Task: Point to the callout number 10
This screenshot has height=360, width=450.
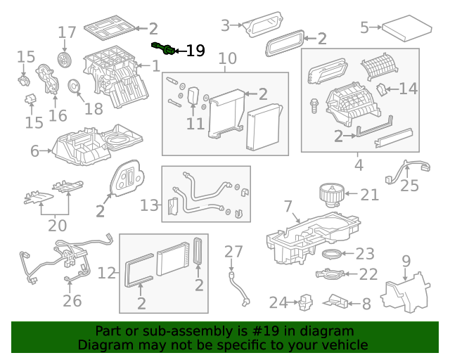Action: [227, 58]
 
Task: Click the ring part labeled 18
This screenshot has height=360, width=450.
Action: [72, 87]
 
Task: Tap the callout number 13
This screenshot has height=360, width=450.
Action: [150, 205]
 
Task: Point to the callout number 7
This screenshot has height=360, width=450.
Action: [288, 206]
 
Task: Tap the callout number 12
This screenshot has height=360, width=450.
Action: [106, 273]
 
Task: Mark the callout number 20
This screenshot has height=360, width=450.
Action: [57, 226]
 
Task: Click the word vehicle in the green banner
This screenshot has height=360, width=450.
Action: [344, 345]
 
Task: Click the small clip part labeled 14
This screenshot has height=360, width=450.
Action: [381, 89]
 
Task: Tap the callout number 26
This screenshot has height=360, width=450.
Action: [72, 301]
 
